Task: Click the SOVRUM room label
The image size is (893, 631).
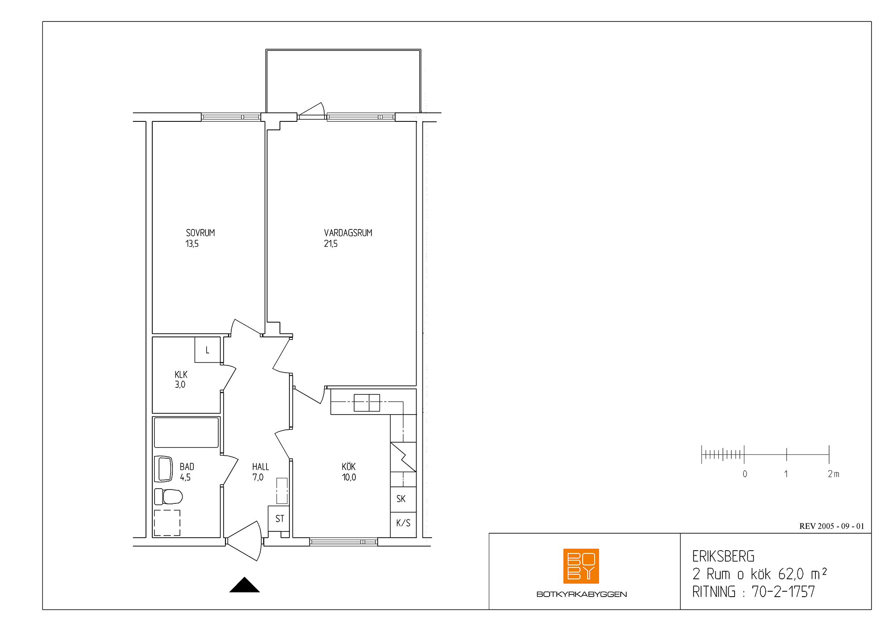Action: [200, 233]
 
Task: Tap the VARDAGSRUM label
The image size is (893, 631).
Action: [348, 233]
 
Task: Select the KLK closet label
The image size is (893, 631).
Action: [181, 374]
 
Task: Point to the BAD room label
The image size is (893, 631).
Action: [187, 467]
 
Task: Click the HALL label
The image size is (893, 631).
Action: [261, 467]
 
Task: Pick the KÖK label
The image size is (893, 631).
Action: [349, 466]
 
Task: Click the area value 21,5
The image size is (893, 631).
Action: [331, 244]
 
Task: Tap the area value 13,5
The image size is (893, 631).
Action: [192, 244]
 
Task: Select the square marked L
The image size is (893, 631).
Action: [208, 350]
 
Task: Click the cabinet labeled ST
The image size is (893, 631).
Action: [279, 519]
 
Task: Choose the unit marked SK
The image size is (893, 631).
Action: [403, 499]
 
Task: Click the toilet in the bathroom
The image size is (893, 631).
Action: [168, 496]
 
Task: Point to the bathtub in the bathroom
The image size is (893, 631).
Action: [187, 432]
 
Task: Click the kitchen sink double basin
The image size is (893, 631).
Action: [367, 403]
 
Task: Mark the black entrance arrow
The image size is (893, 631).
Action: [245, 585]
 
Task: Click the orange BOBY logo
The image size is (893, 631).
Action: [581, 566]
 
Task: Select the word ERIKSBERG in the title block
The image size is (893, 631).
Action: [723, 556]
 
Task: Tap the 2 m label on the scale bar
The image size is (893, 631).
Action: [834, 474]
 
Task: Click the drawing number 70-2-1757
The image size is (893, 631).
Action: [784, 592]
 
